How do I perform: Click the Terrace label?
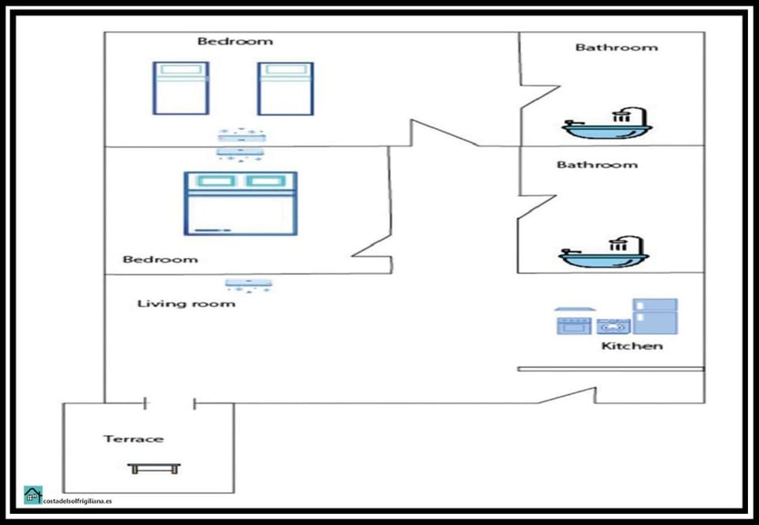pos(133,439)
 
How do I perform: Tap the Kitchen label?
pos(632,346)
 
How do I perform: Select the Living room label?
pos(187,304)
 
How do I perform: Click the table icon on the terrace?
pos(154,468)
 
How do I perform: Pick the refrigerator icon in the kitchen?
pos(655,316)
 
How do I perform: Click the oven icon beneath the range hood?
pos(574,325)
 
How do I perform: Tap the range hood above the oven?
pos(575,309)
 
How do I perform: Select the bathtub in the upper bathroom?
pos(607,123)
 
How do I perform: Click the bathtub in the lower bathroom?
pos(603,253)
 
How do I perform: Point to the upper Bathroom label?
pos(617,47)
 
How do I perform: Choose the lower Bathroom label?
pos(598,165)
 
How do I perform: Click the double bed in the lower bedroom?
pos(240,204)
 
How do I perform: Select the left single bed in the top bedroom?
pos(181,88)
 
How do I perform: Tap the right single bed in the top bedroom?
pos(285,88)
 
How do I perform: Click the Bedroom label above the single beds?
pos(236,41)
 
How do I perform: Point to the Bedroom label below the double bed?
pos(160,260)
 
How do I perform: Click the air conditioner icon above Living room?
pos(248,285)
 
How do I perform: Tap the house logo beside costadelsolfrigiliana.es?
pos(33,495)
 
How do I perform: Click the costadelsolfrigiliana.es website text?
pos(77,501)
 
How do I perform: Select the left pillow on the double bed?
pos(216,182)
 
